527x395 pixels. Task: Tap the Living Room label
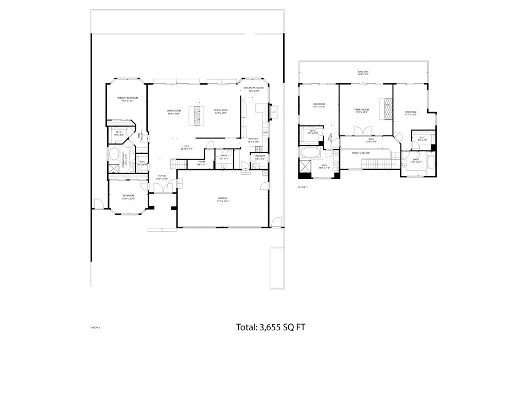173,112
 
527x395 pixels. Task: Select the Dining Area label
221,112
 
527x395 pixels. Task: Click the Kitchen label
253,140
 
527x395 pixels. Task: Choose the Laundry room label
260,157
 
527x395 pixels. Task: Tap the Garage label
222,199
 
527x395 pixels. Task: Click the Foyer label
162,177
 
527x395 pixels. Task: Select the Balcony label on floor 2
363,73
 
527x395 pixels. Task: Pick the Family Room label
362,111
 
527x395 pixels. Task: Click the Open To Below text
361,153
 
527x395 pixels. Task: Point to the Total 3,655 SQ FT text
271,327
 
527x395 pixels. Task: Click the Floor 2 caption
303,187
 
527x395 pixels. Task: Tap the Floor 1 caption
95,327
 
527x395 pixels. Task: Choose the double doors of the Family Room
365,132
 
